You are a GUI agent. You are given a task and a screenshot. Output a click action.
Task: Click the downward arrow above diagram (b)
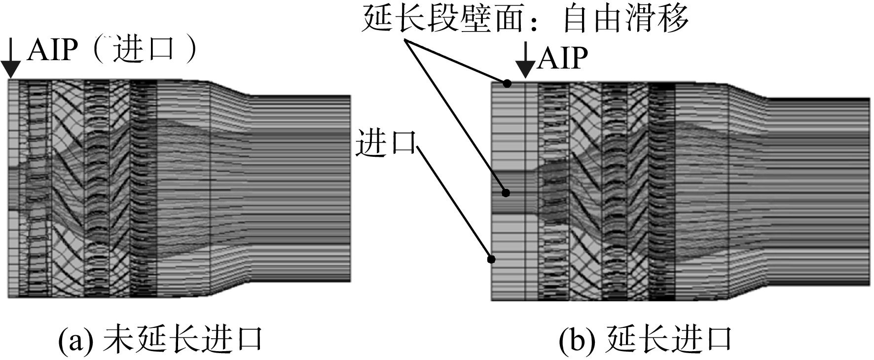pos(526,60)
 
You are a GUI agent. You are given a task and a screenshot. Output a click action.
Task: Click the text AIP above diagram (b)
pos(563,58)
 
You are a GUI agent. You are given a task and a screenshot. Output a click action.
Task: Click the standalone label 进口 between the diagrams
pos(386,143)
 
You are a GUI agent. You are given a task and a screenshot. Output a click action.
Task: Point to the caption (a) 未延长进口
pos(160,340)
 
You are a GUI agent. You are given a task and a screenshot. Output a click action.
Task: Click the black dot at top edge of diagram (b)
pos(507,84)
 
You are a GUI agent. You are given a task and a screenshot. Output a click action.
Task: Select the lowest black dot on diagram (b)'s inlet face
pos(491,259)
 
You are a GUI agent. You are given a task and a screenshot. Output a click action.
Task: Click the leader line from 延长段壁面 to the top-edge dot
pos(456,62)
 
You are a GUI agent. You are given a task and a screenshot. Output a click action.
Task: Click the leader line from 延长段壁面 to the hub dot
pos(455,116)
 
